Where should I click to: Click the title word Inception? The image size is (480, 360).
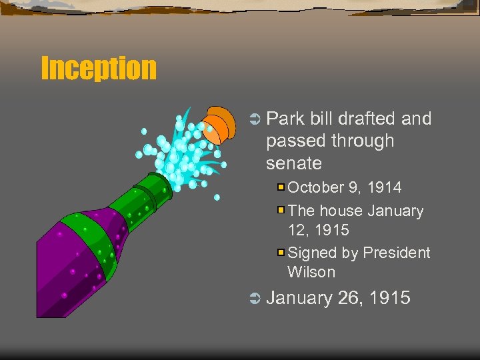pyautogui.click(x=99, y=68)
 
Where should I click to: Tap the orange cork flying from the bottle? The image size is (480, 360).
pyautogui.click(x=217, y=125)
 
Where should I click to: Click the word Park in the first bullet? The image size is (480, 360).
pyautogui.click(x=285, y=119)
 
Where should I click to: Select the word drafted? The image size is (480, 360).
pyautogui.click(x=368, y=119)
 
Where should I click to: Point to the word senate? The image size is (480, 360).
pyautogui.click(x=293, y=163)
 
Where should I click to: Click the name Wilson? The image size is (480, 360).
pyautogui.click(x=311, y=272)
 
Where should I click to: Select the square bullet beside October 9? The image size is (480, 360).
pyautogui.click(x=281, y=187)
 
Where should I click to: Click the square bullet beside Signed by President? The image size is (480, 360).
pyautogui.click(x=281, y=253)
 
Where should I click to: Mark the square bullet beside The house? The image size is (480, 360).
pyautogui.click(x=281, y=210)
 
